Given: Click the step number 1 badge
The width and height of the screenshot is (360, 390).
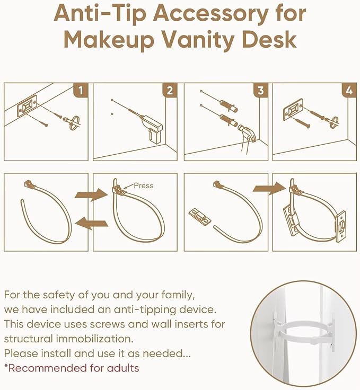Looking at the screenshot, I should tap(81, 91).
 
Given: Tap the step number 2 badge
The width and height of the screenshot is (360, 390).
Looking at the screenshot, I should tap(170, 91).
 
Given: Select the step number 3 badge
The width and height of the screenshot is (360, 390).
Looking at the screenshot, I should tap(260, 91).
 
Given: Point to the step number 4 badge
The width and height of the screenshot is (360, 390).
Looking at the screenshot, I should tap(348, 91).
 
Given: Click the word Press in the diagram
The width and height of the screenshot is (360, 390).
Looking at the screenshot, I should tap(143, 185).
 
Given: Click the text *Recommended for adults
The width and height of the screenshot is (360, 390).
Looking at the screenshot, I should tap(72, 368).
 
